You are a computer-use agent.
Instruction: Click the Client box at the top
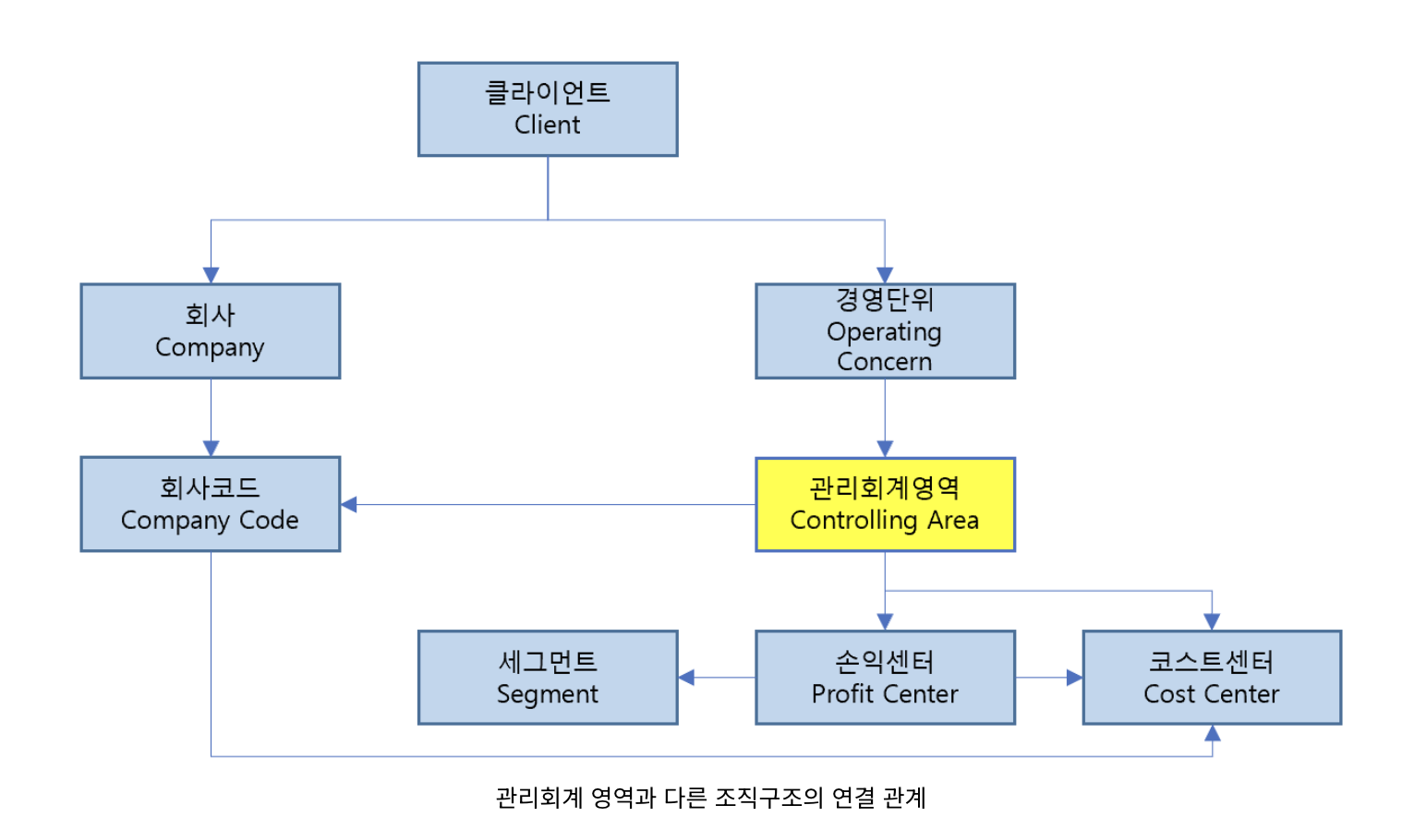[x=548, y=109]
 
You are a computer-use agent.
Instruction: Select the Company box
[x=211, y=330]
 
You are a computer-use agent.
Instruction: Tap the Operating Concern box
[x=885, y=330]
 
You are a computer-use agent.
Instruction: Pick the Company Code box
[x=211, y=504]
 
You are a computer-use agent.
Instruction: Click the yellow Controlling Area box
[x=885, y=504]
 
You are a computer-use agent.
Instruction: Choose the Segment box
[x=548, y=678]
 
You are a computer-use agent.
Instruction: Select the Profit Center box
[x=885, y=678]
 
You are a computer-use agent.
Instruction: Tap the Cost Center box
[x=1212, y=678]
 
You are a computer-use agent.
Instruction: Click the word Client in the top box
[x=548, y=125]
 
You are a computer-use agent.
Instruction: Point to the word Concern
[x=885, y=362]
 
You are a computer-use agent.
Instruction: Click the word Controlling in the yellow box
[x=853, y=521]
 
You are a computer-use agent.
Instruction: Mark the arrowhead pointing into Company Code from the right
[x=349, y=504]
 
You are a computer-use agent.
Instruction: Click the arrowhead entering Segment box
[x=686, y=678]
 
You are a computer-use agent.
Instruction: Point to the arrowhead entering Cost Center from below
[x=1212, y=733]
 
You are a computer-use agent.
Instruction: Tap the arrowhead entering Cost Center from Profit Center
[x=1074, y=678]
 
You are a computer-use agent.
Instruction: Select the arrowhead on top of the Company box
[x=211, y=275]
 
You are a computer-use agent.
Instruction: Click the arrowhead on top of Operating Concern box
[x=885, y=275]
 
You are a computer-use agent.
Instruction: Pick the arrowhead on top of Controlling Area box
[x=885, y=449]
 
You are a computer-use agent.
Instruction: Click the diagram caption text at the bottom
[x=710, y=798]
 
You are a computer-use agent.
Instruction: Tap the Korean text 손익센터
[x=885, y=661]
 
